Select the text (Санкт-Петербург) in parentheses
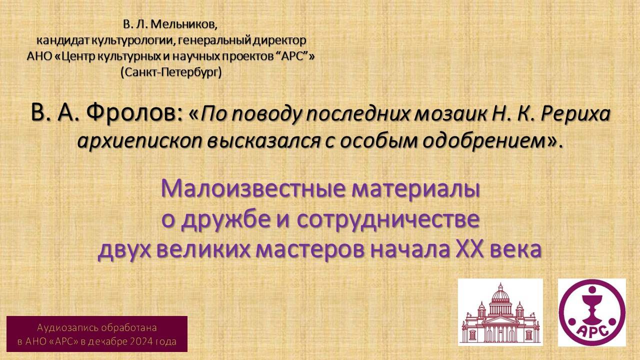(x=171, y=72)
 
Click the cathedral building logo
(x=500, y=312)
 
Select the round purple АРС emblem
(x=591, y=312)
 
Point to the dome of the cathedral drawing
(x=500, y=295)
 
